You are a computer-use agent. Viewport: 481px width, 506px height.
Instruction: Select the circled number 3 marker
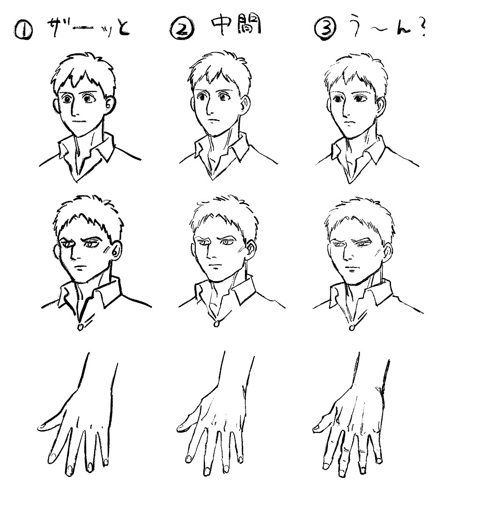[325, 30]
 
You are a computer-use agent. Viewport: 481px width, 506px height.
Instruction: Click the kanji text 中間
[236, 26]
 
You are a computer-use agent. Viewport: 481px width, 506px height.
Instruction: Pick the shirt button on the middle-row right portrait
[352, 327]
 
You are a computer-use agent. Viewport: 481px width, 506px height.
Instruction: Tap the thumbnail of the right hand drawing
[317, 428]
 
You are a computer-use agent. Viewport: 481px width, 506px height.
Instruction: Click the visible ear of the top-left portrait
[110, 103]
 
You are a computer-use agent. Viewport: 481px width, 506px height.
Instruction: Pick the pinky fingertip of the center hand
[240, 459]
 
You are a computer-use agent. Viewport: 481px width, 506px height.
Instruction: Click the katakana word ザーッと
[89, 28]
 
